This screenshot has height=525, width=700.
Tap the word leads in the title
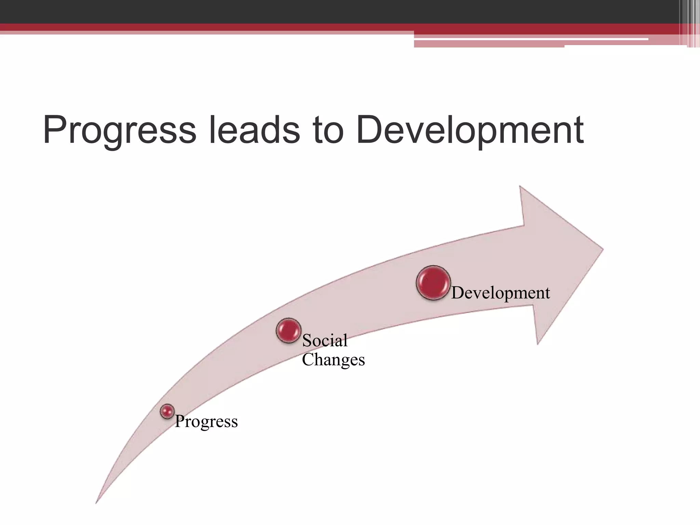coord(254,130)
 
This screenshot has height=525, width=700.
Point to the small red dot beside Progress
coord(167,411)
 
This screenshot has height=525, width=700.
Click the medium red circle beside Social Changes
coord(288,331)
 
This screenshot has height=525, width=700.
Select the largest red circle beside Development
coord(433,283)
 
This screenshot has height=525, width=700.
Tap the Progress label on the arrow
coord(206,421)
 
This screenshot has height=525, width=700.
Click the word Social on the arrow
coord(325,340)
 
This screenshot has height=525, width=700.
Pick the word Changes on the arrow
coord(333,360)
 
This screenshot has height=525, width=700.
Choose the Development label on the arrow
coord(500,293)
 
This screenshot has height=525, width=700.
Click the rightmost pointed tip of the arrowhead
coord(603,249)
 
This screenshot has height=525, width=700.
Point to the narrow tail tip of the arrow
coord(96,502)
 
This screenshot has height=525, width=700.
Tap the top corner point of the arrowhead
coord(520,187)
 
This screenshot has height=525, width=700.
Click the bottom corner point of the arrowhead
coord(538,344)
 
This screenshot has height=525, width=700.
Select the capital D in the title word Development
coord(369,130)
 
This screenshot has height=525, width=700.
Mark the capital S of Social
coord(307,340)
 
